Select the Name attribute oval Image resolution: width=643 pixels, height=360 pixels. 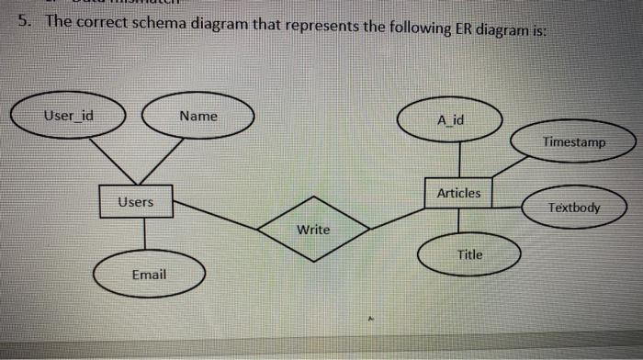tap(197, 118)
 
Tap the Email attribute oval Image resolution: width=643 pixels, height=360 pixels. tap(148, 276)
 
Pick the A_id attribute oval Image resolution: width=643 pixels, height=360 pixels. tap(451, 121)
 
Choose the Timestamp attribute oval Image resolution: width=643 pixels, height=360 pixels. tap(573, 143)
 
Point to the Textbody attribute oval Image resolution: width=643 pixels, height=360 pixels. tap(573, 208)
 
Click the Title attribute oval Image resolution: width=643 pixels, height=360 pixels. tap(469, 254)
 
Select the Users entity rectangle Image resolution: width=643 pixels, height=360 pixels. tap(137, 201)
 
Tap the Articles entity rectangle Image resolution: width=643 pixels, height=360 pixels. tap(458, 193)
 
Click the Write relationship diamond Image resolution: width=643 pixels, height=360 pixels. tap(313, 228)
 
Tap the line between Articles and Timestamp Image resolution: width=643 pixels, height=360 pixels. tap(509, 167)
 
